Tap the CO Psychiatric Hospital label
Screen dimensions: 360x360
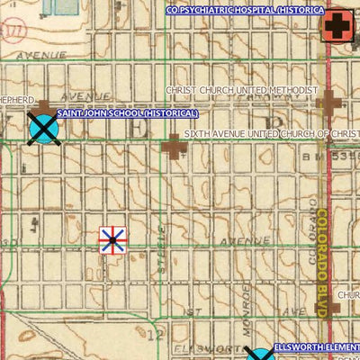tap(244, 9)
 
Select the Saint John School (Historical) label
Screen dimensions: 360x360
tap(128, 114)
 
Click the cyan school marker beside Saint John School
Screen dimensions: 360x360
tap(42, 127)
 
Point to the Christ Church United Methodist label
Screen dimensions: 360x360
tap(241, 91)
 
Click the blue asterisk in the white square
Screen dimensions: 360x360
tap(112, 239)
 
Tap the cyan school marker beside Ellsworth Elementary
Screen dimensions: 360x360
tap(259, 355)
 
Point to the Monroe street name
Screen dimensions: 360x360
tap(247, 297)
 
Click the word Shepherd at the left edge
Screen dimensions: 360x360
tap(17, 100)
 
